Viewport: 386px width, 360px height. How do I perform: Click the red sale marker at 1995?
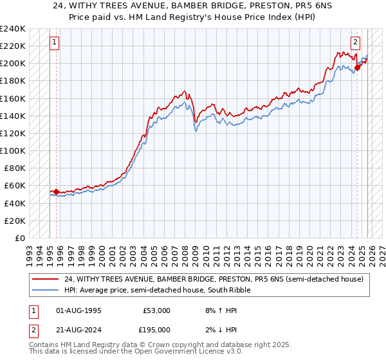point(56,192)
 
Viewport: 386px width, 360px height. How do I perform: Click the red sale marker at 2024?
point(358,67)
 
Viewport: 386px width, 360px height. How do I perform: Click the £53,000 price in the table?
point(155,310)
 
